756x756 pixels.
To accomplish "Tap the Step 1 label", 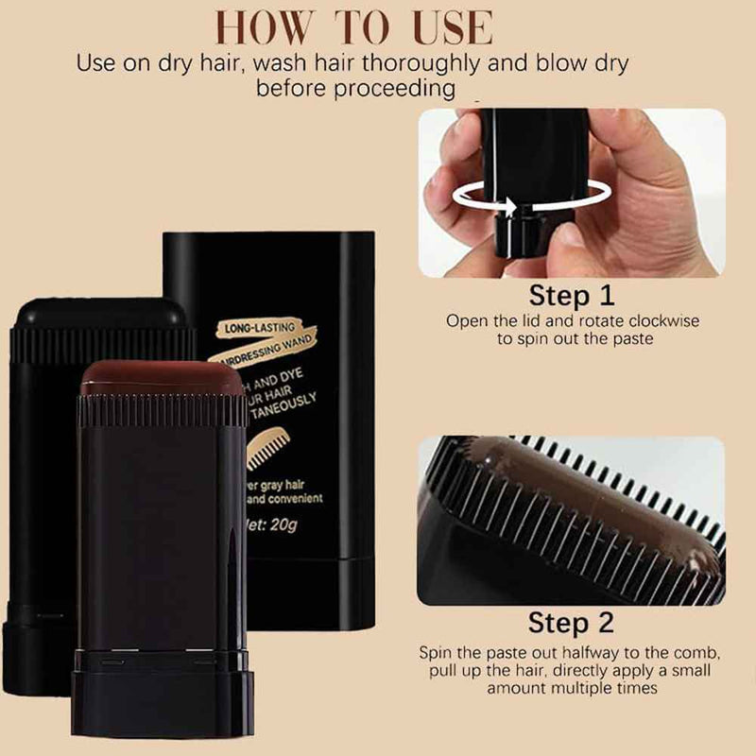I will (572, 296).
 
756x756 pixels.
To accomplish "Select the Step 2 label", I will (571, 623).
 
